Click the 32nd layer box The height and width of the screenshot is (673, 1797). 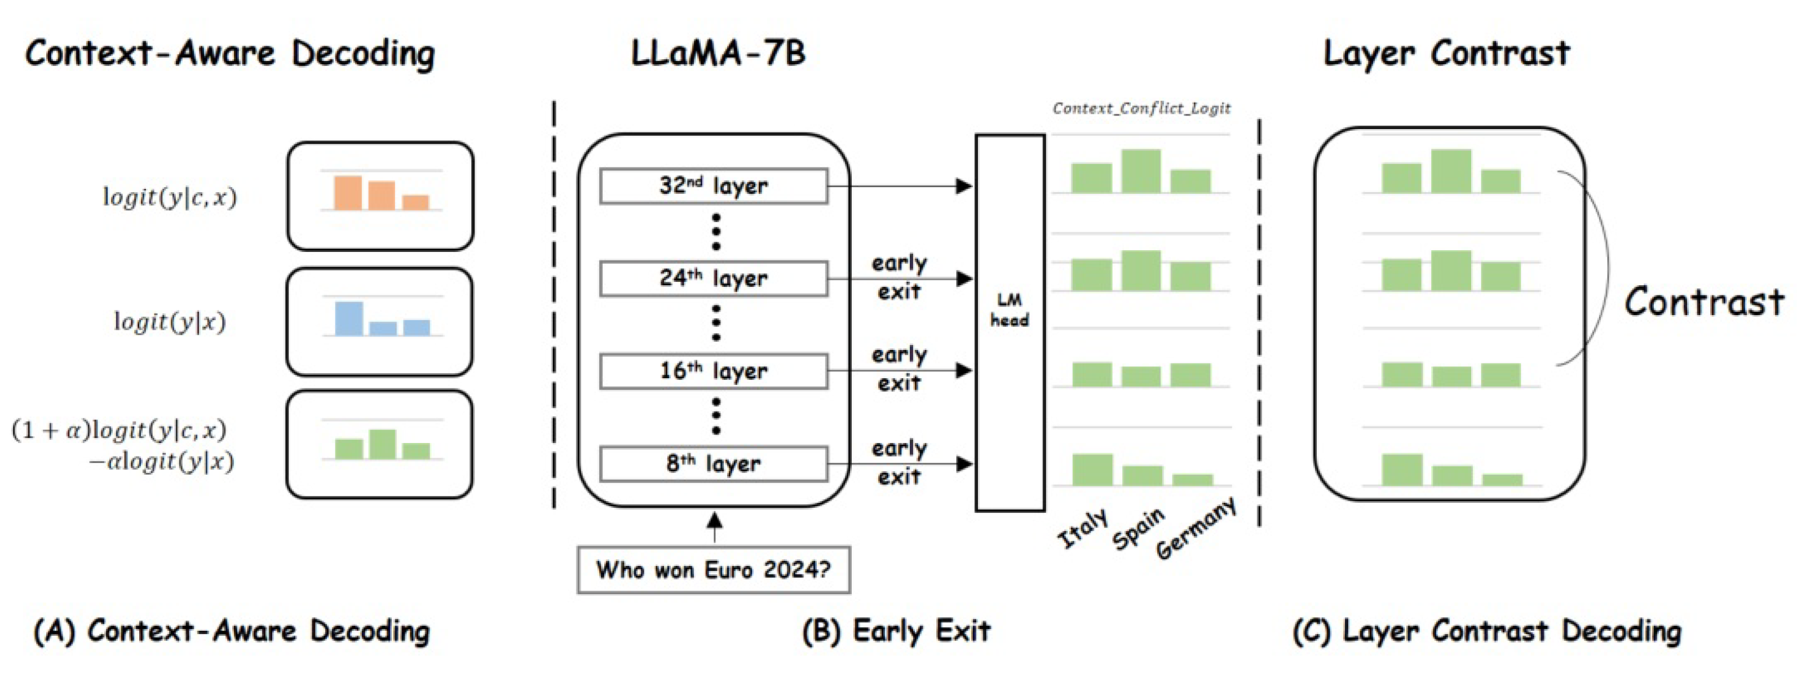click(x=713, y=186)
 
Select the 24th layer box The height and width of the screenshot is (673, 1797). click(x=713, y=279)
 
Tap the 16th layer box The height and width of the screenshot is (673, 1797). click(x=713, y=371)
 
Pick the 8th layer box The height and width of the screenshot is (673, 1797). click(x=713, y=464)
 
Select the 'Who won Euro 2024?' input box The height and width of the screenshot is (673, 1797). click(x=713, y=570)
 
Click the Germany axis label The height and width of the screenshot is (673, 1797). click(x=1196, y=528)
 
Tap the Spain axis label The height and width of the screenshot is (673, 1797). click(x=1137, y=529)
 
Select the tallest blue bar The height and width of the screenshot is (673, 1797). click(x=349, y=318)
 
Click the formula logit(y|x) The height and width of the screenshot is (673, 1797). click(x=170, y=321)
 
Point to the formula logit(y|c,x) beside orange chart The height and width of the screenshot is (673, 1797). click(x=170, y=197)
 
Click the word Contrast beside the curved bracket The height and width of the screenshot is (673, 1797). click(x=1703, y=303)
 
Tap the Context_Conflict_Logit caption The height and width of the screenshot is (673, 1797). click(x=1141, y=108)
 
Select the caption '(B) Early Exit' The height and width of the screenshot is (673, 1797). click(x=896, y=631)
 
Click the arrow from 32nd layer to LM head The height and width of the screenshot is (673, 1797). click(x=900, y=186)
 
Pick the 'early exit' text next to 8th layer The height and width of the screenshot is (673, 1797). click(x=898, y=462)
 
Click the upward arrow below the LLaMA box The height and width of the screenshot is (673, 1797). click(x=714, y=527)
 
